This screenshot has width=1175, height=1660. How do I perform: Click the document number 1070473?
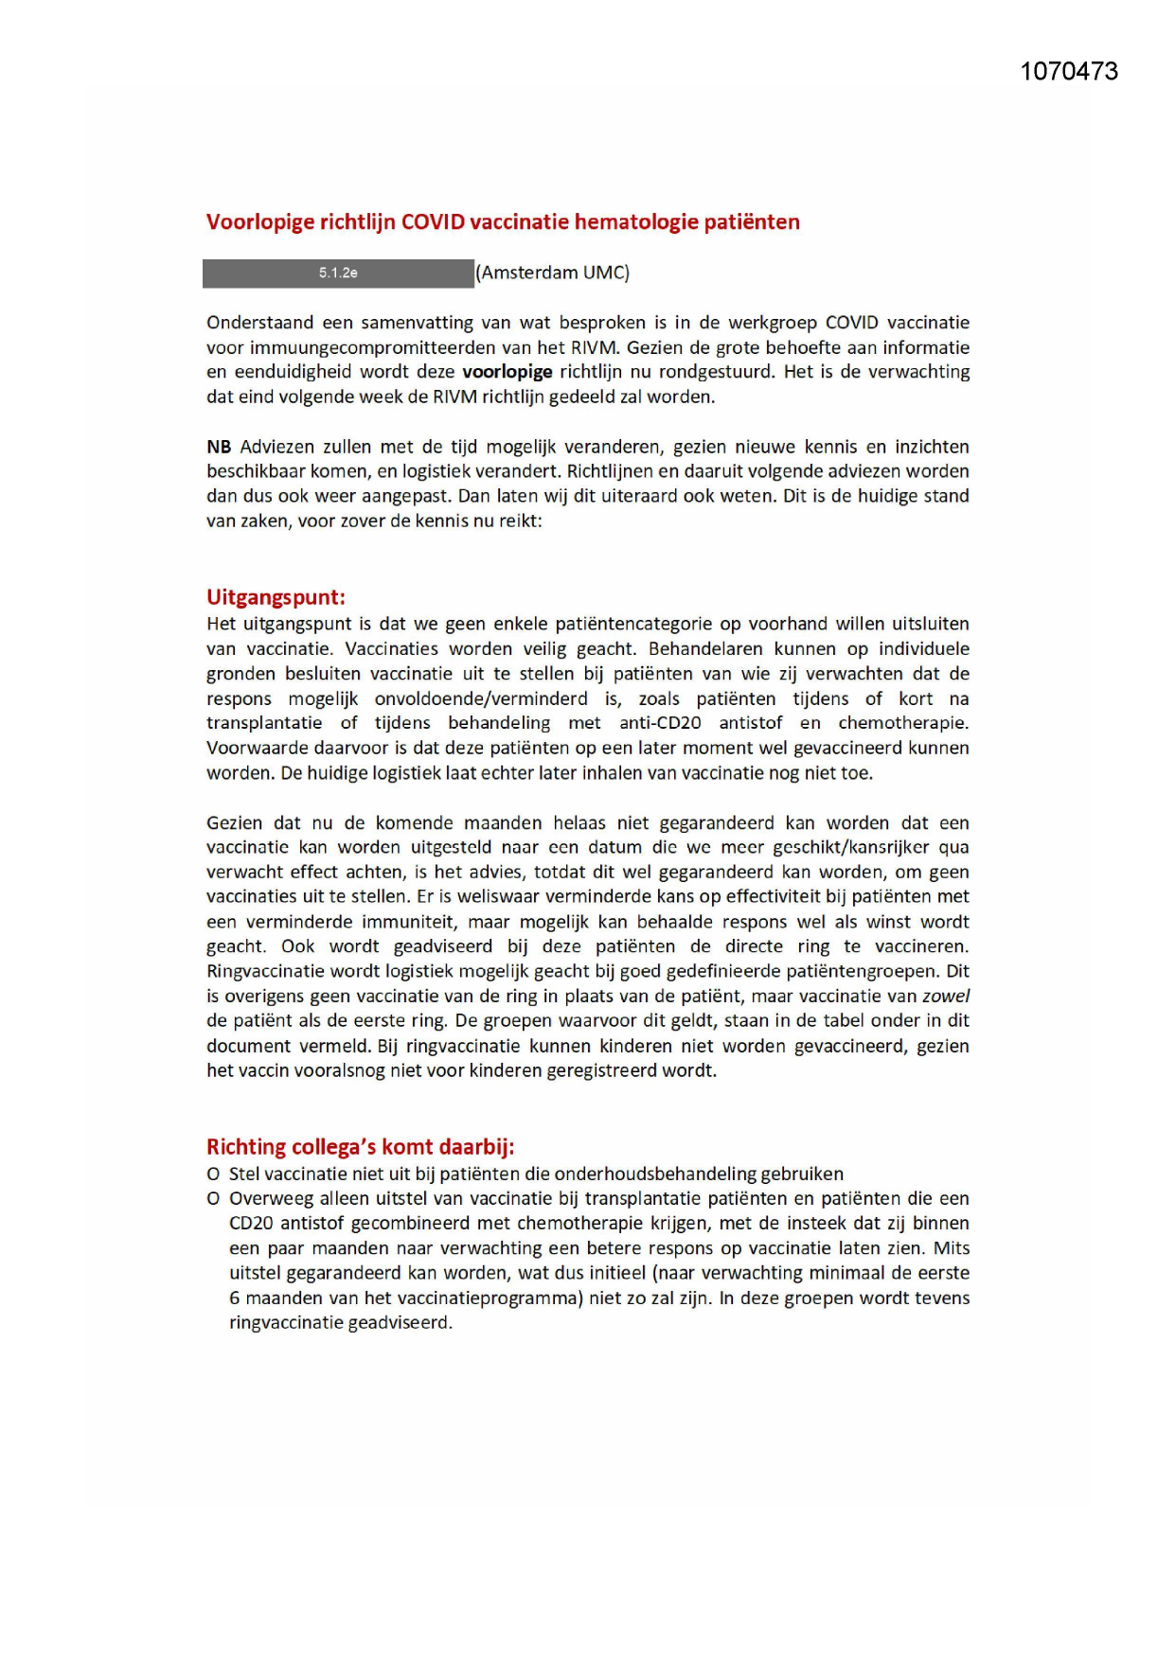tap(1069, 72)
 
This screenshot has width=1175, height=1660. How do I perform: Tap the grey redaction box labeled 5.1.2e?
tap(338, 274)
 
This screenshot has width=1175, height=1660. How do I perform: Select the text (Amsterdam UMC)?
tap(553, 274)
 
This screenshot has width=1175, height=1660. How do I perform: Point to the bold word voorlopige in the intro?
tap(507, 372)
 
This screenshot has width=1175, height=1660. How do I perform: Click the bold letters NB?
tap(219, 447)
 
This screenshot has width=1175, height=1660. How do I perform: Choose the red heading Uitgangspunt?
tap(276, 597)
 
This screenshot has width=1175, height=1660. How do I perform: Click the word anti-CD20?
tap(660, 723)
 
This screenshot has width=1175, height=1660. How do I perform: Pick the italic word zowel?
tap(945, 996)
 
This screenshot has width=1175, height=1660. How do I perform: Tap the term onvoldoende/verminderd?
tap(481, 698)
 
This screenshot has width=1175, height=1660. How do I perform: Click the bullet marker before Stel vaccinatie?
tap(213, 1174)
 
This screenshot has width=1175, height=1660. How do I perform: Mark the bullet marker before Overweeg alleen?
tap(213, 1199)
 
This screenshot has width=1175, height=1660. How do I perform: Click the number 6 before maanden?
tap(234, 1298)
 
